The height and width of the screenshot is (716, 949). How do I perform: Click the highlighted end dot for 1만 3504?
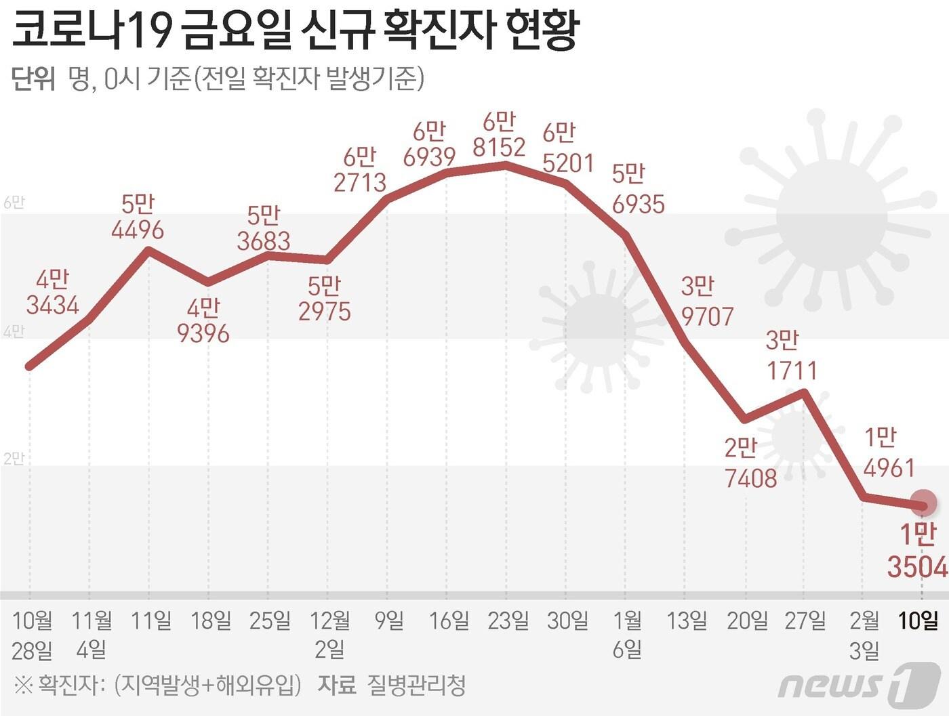click(923, 504)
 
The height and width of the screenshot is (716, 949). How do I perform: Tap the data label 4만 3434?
click(53, 292)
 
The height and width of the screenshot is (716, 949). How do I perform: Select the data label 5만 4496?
click(138, 217)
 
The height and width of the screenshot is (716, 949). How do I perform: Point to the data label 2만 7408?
click(750, 463)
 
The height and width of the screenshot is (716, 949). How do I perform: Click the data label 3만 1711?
click(791, 356)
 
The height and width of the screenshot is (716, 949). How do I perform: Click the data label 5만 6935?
click(637, 190)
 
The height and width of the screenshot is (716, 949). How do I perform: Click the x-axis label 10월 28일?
click(32, 635)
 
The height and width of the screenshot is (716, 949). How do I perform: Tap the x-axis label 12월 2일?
click(330, 635)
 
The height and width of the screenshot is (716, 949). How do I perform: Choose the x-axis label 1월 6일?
click(627, 635)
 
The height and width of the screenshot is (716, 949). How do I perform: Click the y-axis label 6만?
click(14, 203)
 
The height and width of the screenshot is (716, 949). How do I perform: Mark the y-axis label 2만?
click(14, 459)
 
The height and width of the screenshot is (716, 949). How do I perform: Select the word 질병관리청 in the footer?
click(416, 686)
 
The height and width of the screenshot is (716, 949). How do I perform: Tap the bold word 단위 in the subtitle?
click(33, 79)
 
